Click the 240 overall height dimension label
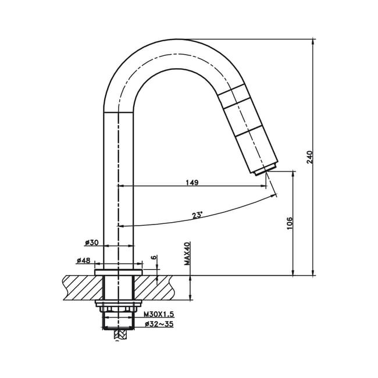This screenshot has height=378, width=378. pyautogui.click(x=309, y=157)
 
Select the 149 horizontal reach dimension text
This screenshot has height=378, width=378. pyautogui.click(x=192, y=183)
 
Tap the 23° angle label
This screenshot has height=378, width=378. pyautogui.click(x=198, y=215)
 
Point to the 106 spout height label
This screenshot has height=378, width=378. pyautogui.click(x=290, y=223)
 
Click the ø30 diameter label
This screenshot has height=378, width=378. pyautogui.click(x=92, y=243)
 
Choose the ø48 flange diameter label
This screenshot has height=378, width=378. pyautogui.click(x=83, y=261)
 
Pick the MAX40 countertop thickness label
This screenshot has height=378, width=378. pyautogui.click(x=187, y=254)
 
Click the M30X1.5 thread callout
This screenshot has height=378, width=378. pyautogui.click(x=159, y=314)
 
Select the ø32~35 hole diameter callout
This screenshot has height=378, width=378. pyautogui.click(x=159, y=324)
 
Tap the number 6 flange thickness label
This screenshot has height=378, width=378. pyautogui.click(x=154, y=257)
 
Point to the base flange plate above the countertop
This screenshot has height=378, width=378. pyautogui.click(x=119, y=272)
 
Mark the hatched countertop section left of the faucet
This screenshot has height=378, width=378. pyautogui.click(x=83, y=288)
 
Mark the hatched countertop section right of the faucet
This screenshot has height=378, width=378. pyautogui.click(x=154, y=288)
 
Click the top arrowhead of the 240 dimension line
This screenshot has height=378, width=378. pyautogui.click(x=313, y=41)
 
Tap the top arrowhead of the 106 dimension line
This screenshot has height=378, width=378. pyautogui.click(x=293, y=174)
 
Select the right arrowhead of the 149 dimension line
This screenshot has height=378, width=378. pyautogui.click(x=264, y=186)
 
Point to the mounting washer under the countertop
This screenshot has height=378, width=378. pyautogui.click(x=118, y=303)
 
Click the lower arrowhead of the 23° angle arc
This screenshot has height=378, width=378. pyautogui.click(x=120, y=226)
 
